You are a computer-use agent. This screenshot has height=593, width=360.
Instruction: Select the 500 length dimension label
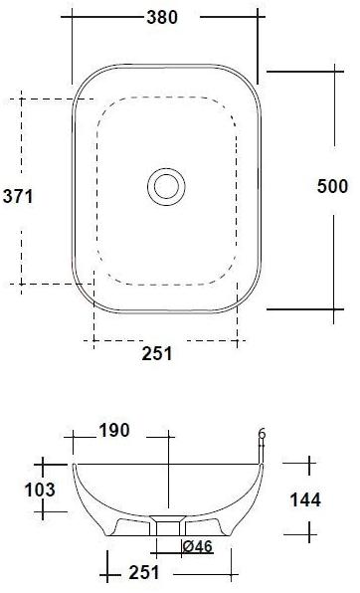332,186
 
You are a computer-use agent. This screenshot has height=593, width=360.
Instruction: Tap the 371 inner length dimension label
18,196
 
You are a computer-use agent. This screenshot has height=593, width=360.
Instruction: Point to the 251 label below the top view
156,353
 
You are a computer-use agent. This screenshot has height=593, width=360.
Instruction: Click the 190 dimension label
113,431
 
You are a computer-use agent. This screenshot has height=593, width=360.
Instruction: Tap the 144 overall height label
304,499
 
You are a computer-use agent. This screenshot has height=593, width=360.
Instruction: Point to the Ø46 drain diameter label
198,545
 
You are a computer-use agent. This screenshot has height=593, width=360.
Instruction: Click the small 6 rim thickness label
262,434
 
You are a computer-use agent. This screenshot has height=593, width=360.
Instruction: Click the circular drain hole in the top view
166,185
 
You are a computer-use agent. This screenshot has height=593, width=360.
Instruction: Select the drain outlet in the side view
166,526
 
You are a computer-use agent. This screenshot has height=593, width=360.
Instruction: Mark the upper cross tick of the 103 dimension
44,464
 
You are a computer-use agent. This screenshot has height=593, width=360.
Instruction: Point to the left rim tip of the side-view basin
74,465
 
